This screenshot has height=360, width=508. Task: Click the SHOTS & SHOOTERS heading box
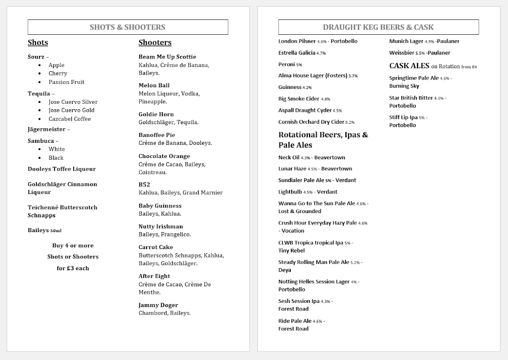[x=127, y=27]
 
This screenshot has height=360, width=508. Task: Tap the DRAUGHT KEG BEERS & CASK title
[x=378, y=27]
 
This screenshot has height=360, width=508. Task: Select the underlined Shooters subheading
[x=155, y=42]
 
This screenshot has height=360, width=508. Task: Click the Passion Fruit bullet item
[x=66, y=82]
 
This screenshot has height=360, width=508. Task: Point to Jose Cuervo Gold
[x=72, y=110]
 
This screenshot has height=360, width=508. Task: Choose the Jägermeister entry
[x=47, y=129]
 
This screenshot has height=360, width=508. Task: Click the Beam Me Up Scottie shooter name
[x=167, y=57]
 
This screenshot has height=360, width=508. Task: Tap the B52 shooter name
[x=144, y=185]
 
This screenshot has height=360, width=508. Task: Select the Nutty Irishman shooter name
[x=161, y=226]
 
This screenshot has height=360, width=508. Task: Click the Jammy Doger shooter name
[x=158, y=305]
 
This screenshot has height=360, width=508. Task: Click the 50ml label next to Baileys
[x=56, y=231]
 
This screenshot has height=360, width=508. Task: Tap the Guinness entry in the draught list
[x=290, y=87]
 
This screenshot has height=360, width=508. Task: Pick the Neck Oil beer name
[x=289, y=158]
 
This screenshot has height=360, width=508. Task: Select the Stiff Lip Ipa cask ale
[x=403, y=117]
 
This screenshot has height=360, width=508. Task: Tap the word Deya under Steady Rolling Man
[x=285, y=270]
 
